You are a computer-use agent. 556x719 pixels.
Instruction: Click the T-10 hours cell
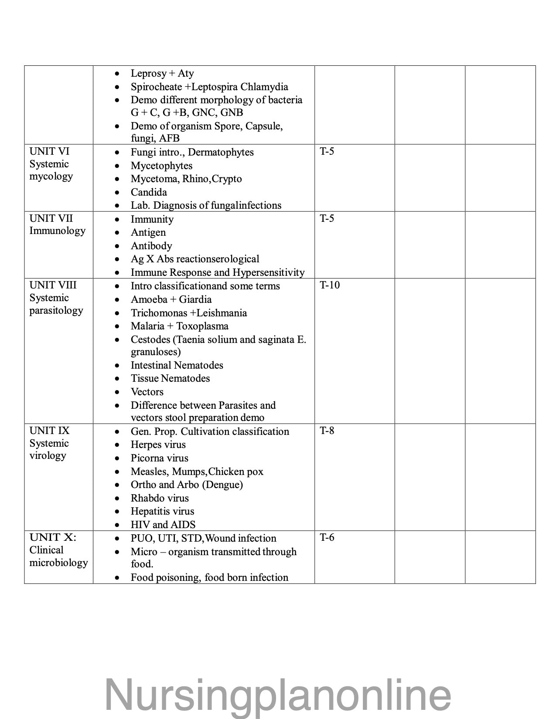click(x=330, y=285)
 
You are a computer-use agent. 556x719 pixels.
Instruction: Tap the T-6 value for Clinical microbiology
click(x=327, y=538)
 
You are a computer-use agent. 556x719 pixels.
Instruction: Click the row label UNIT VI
click(x=49, y=152)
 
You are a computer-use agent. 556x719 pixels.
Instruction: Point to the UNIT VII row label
click(x=51, y=218)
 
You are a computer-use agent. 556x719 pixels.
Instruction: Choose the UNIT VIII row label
click(x=53, y=285)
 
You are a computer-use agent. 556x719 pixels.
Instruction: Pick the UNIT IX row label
click(x=49, y=431)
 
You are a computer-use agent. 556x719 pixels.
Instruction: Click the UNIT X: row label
click(x=52, y=538)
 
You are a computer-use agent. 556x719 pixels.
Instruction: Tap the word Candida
click(x=149, y=192)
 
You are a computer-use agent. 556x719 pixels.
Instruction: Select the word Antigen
click(x=148, y=233)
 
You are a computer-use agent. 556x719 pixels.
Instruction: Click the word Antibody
click(x=151, y=246)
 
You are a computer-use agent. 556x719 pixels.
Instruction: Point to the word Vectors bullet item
click(x=147, y=392)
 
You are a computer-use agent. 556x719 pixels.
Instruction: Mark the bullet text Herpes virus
click(x=158, y=445)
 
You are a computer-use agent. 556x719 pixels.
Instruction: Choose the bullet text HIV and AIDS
click(x=163, y=525)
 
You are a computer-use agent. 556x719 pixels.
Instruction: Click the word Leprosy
click(x=149, y=74)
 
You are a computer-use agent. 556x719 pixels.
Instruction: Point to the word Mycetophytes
click(x=161, y=166)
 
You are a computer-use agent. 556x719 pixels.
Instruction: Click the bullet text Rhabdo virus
click(x=160, y=498)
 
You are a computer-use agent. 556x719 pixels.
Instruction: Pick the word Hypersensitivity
click(x=269, y=273)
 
